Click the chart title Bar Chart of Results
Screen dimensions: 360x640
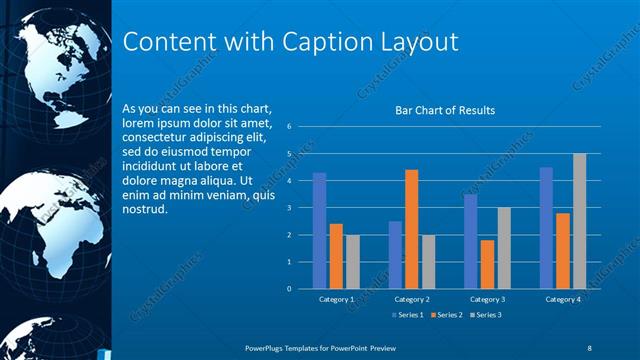coord(445,110)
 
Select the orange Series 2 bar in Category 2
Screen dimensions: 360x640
coord(412,229)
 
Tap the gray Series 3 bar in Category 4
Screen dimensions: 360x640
coord(580,221)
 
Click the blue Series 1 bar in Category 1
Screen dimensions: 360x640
coord(319,231)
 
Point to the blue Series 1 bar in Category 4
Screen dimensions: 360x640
coord(546,228)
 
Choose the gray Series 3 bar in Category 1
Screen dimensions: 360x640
coord(353,262)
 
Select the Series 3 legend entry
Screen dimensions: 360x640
coord(484,315)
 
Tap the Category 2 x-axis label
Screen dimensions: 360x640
coord(412,299)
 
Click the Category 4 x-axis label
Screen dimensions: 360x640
coord(563,299)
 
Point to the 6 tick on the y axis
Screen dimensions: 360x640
coord(289,127)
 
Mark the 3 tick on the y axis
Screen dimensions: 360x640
coord(289,208)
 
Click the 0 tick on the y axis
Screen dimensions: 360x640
coord(289,289)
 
